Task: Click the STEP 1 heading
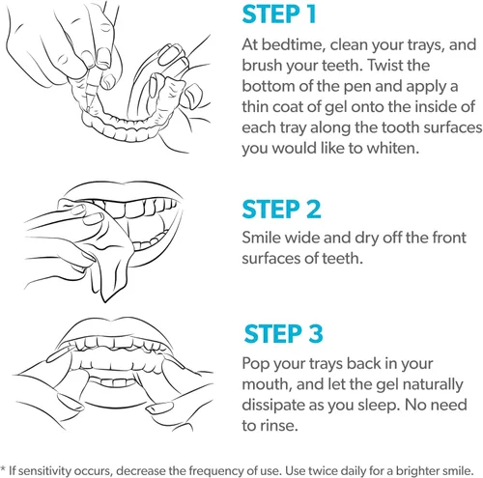(x=279, y=14)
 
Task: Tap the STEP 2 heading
(x=281, y=210)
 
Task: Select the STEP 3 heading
(x=283, y=333)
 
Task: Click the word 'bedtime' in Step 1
(x=292, y=44)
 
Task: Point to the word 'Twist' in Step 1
(x=385, y=66)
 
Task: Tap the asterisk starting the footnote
(x=3, y=468)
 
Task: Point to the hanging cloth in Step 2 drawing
(x=109, y=273)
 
